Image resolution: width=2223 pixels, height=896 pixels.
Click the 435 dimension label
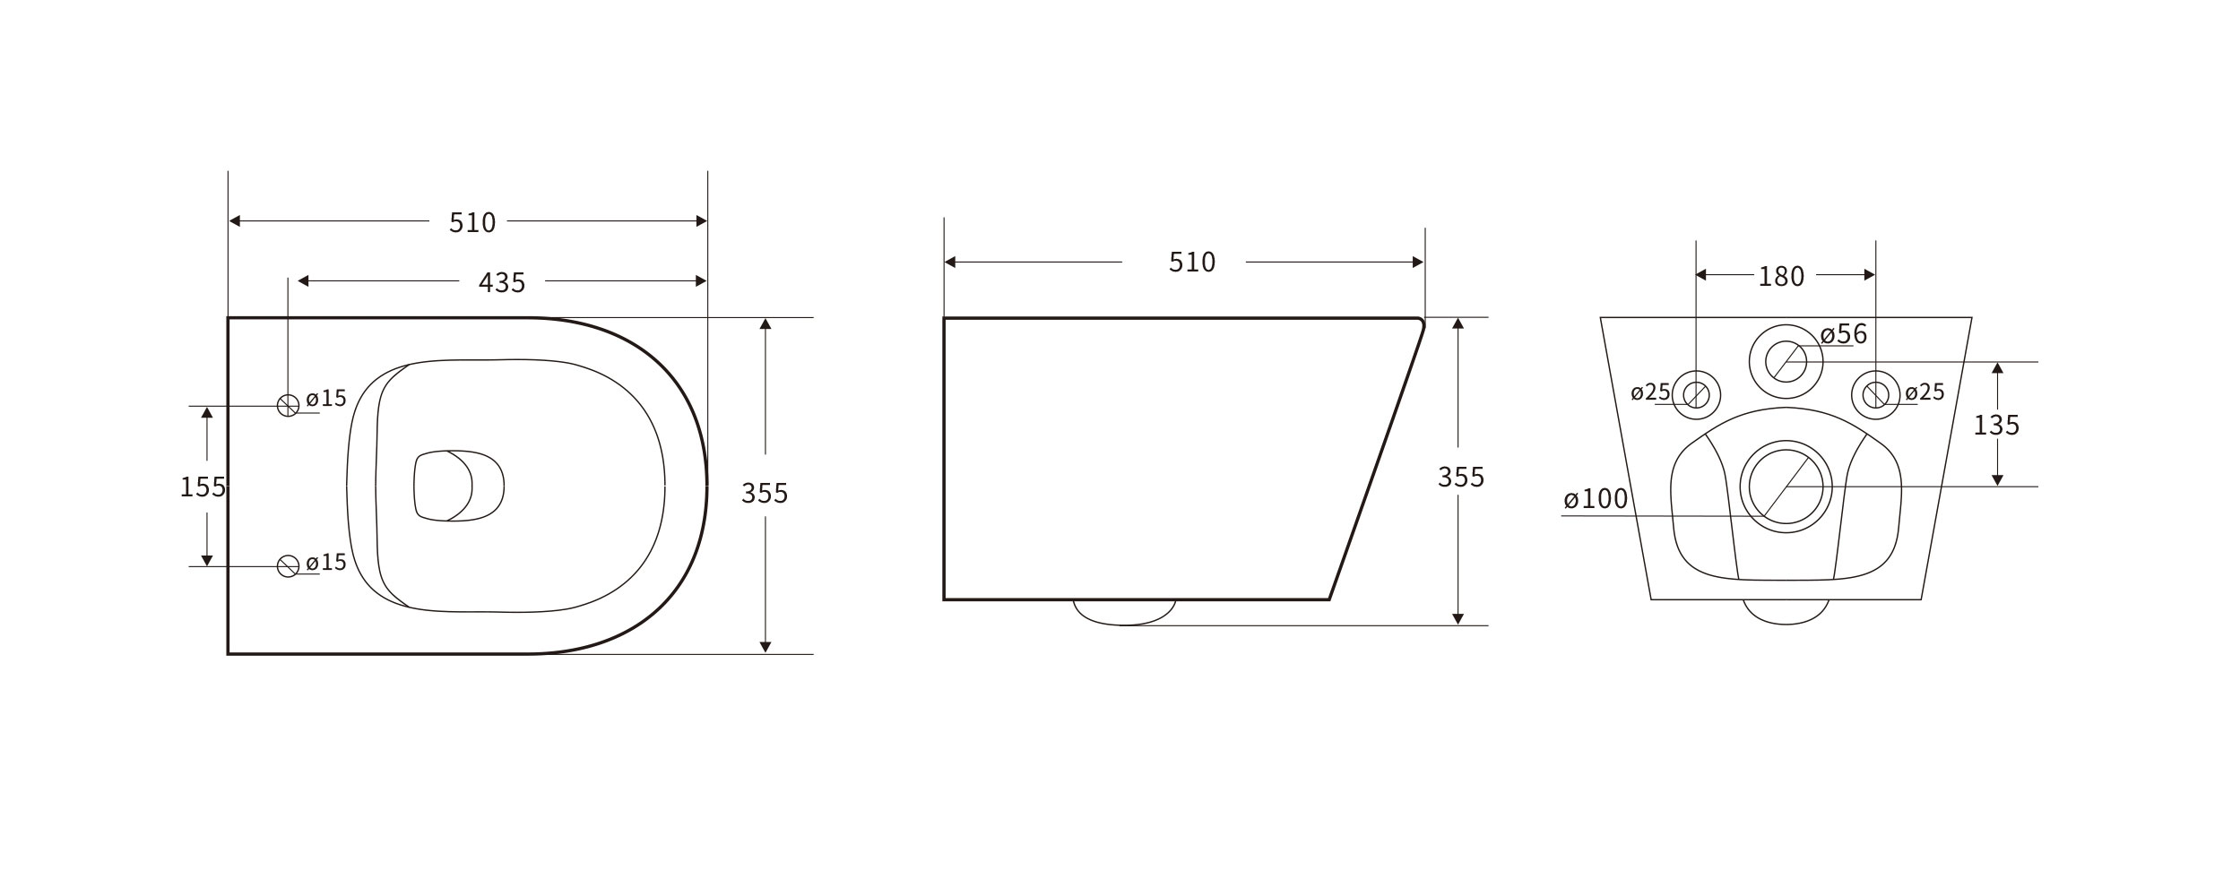pyautogui.click(x=502, y=283)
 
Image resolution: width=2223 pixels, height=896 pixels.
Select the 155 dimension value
pyautogui.click(x=203, y=487)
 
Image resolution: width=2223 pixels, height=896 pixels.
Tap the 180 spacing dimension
pyautogui.click(x=1781, y=277)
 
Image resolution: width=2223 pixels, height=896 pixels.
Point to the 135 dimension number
pyautogui.click(x=1996, y=425)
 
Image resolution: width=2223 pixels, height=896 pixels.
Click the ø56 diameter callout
pyautogui.click(x=1844, y=334)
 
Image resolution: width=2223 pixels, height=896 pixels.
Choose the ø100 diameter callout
pyautogui.click(x=1596, y=499)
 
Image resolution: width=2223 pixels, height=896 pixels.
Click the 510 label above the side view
pyautogui.click(x=1192, y=263)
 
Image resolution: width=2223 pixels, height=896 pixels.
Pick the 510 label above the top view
pyautogui.click(x=472, y=223)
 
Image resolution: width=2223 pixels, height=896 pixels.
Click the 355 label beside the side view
pyautogui.click(x=1461, y=478)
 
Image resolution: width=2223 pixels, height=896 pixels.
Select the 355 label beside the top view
pyautogui.click(x=765, y=493)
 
